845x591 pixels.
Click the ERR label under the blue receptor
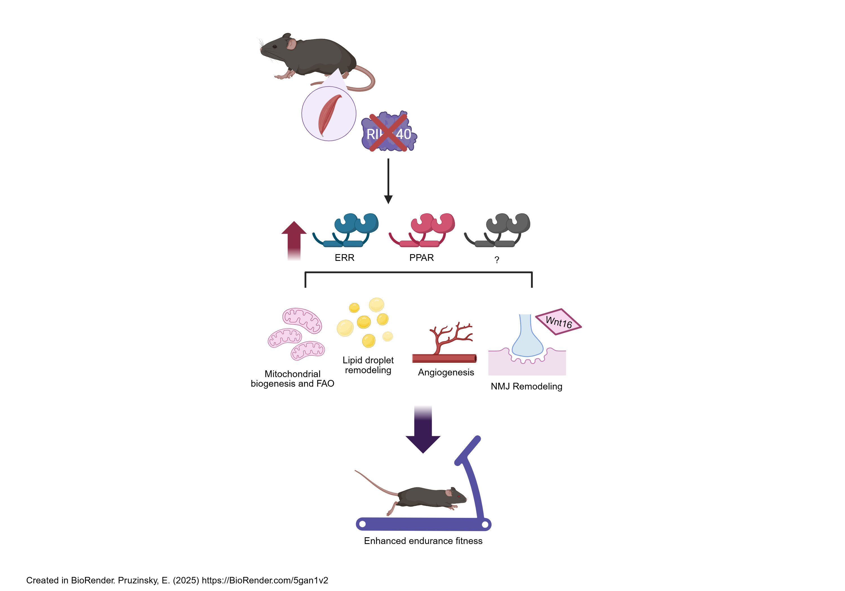pyautogui.click(x=344, y=258)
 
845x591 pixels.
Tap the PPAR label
pyautogui.click(x=421, y=258)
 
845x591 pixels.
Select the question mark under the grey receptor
pyautogui.click(x=497, y=260)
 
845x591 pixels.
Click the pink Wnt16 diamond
pyautogui.click(x=558, y=322)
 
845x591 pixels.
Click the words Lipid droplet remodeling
pyautogui.click(x=368, y=365)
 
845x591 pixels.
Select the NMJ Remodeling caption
pyautogui.click(x=526, y=386)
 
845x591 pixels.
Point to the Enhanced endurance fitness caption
pyautogui.click(x=423, y=541)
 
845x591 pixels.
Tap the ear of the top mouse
pyautogui.click(x=292, y=44)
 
